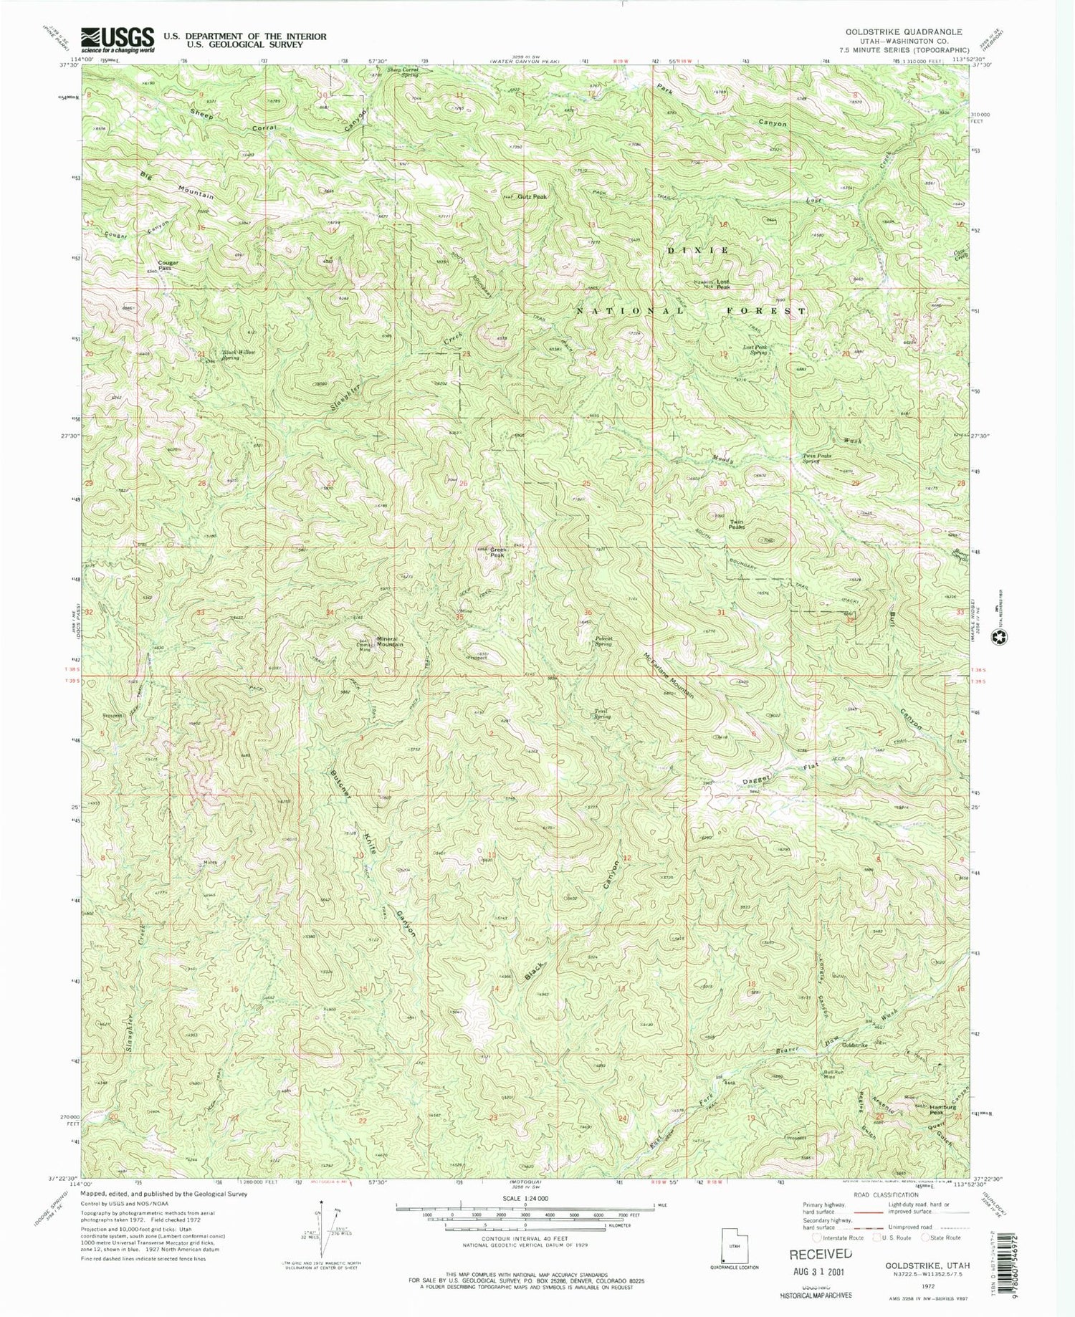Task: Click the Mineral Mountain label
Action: tap(388, 641)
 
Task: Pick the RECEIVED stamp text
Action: tap(821, 1254)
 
